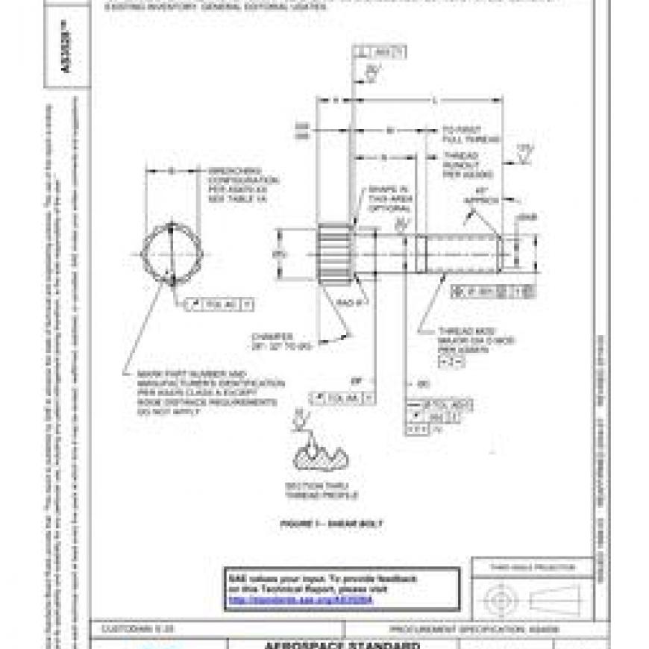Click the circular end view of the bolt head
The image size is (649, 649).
click(x=171, y=254)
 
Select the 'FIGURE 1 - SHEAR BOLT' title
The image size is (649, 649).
click(x=331, y=524)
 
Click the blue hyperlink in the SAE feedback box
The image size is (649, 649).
click(x=299, y=600)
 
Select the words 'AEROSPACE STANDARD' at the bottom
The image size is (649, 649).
click(x=344, y=645)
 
